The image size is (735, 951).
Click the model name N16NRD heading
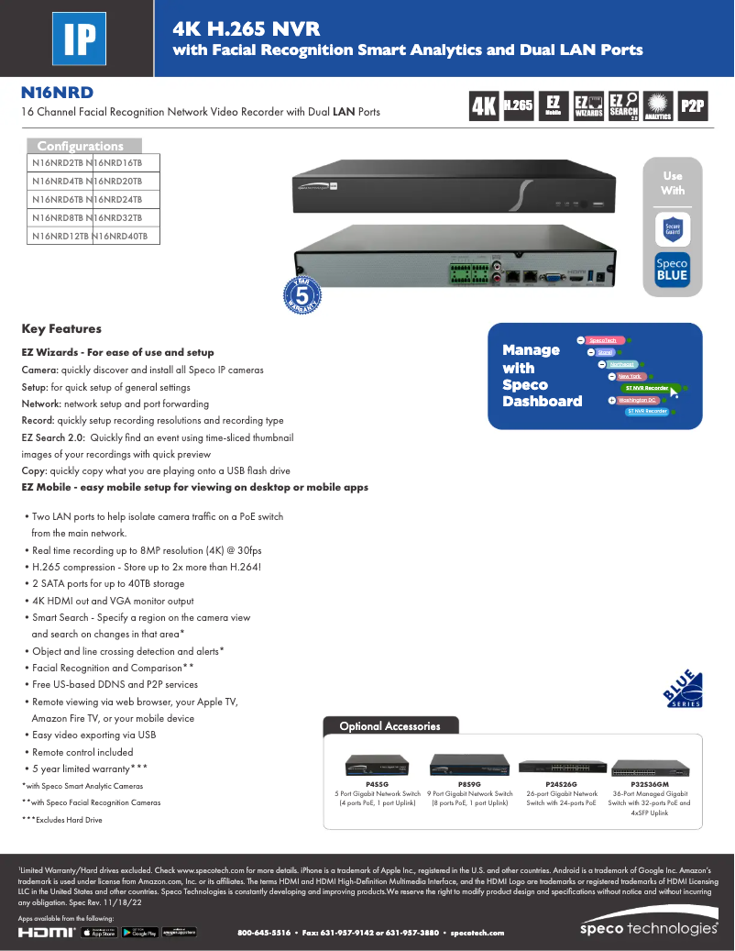(57, 93)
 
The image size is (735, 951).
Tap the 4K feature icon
(483, 106)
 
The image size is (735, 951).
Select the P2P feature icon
(692, 106)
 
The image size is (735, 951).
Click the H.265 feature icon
(518, 106)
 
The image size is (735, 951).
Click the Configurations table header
(81, 146)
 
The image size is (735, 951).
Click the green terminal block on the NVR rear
(468, 274)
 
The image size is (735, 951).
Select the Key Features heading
(61, 328)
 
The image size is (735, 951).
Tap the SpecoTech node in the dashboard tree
(602, 340)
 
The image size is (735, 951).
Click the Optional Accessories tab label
(389, 726)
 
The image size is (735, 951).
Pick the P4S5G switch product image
(377, 767)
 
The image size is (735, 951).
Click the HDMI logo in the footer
(47, 933)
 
